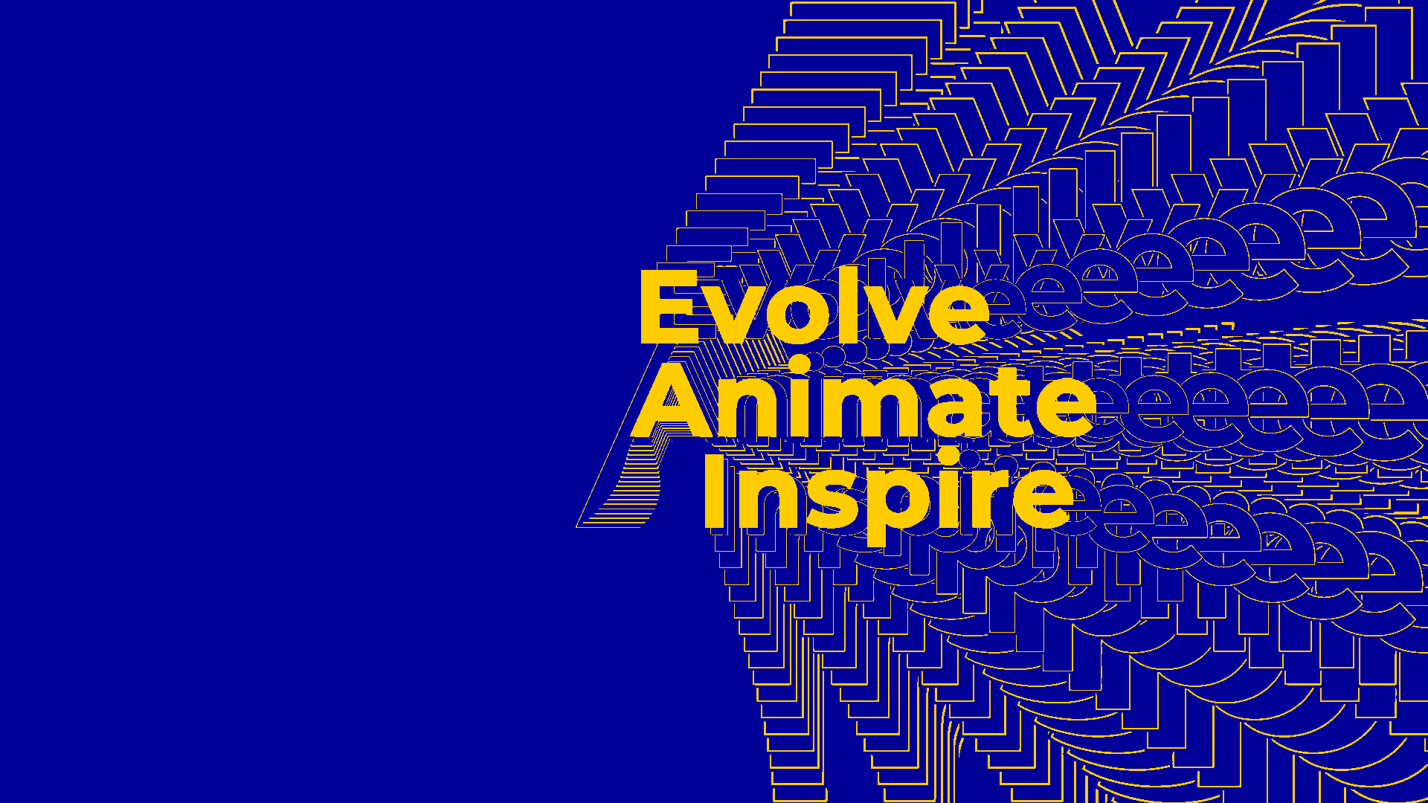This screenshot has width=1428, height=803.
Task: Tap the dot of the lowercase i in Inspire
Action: click(950, 457)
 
